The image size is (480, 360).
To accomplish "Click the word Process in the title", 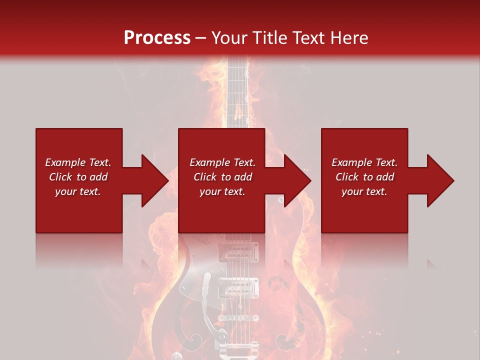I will pyautogui.click(x=157, y=37).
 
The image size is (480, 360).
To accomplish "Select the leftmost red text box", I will pyautogui.click(x=79, y=180).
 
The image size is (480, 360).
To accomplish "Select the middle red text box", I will pyautogui.click(x=221, y=180).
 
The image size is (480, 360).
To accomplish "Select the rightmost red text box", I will pyautogui.click(x=364, y=180).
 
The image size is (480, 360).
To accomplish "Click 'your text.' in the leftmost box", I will pyautogui.click(x=78, y=191).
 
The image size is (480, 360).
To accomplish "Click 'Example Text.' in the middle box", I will pyautogui.click(x=222, y=162).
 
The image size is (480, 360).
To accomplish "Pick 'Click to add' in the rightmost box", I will pyautogui.click(x=364, y=177).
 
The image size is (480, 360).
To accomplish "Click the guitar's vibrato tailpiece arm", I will pyautogui.click(x=206, y=295).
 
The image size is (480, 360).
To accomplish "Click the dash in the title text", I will pyautogui.click(x=201, y=38).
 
